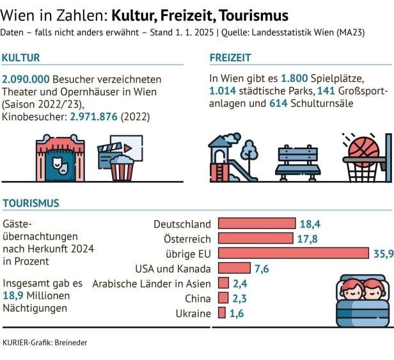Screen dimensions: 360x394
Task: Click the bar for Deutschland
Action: [x=256, y=224]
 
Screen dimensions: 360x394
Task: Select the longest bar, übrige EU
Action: [x=294, y=253]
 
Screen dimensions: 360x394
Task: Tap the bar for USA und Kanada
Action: [x=234, y=268]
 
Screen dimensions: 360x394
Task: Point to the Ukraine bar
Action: [x=222, y=313]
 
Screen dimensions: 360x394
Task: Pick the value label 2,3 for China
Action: [x=240, y=298]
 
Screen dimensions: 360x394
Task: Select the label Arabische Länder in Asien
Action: [x=152, y=283]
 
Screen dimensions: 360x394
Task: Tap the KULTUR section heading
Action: [x=21, y=58]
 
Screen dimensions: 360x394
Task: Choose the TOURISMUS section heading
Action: [x=31, y=203]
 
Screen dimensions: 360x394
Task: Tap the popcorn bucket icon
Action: [x=122, y=169]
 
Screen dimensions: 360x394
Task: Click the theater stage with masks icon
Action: [x=60, y=160]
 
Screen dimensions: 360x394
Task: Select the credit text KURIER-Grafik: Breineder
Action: [x=45, y=343]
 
